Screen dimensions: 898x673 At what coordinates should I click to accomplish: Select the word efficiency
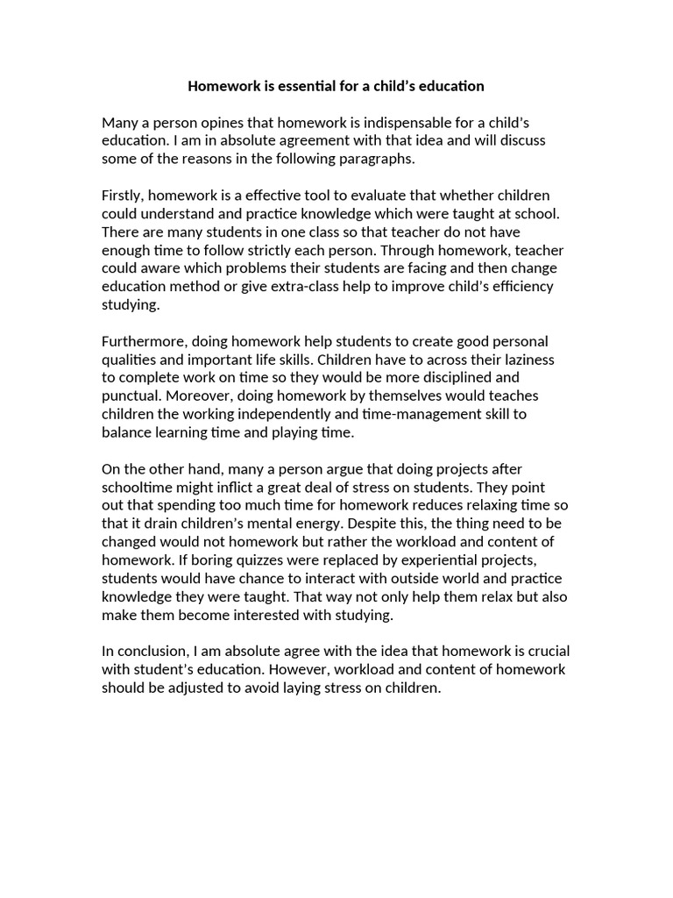click(521, 286)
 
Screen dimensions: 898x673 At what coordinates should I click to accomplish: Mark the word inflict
click(226, 487)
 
